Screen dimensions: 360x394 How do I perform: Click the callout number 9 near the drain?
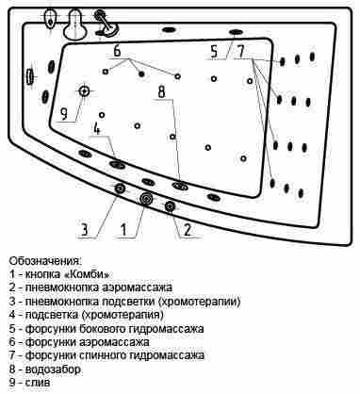pos(64,114)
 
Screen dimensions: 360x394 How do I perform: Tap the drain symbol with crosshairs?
pos(84,91)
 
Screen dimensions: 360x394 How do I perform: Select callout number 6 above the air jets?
pos(117,51)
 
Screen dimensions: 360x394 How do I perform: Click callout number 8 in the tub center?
pos(161,91)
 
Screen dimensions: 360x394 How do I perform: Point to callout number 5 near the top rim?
pos(214,51)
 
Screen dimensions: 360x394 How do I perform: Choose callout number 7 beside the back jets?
pos(240,51)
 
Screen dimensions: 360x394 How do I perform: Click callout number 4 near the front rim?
pos(97,128)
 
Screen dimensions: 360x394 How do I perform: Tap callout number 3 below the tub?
pos(85,230)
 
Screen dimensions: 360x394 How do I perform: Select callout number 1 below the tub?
pos(124,230)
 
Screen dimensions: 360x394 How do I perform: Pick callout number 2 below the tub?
pos(188,230)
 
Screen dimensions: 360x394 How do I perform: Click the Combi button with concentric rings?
pos(146,199)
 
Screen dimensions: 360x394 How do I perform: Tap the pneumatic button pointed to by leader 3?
pos(120,189)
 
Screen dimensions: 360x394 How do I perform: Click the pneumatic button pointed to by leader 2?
pos(170,206)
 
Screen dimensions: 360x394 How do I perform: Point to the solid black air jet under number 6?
pos(141,74)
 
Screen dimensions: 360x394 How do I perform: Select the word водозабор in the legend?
pos(53,369)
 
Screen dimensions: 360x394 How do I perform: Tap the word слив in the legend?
pos(38,383)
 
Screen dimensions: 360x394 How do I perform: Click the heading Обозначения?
pos(45,261)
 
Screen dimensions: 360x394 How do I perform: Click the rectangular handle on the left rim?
pos(30,76)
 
